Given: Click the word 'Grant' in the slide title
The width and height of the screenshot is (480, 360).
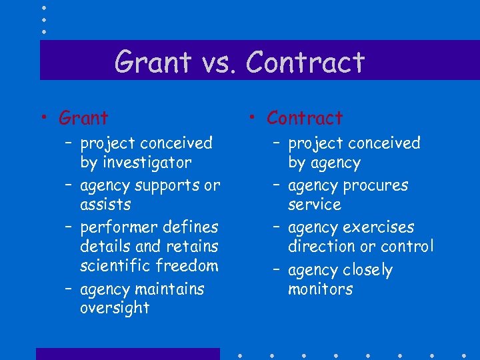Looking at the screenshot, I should (153, 63).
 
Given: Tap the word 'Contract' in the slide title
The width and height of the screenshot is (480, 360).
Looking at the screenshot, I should (305, 63).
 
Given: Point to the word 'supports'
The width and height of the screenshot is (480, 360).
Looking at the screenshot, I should (168, 185).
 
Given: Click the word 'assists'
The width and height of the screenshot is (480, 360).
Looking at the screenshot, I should (105, 205).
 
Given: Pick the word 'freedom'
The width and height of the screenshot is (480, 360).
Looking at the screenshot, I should (187, 265).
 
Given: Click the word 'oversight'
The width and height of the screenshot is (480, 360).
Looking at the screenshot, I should (115, 308).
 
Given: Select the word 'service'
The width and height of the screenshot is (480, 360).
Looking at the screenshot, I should (315, 205).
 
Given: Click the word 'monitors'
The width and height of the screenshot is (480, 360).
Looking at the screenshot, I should (321, 289).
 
